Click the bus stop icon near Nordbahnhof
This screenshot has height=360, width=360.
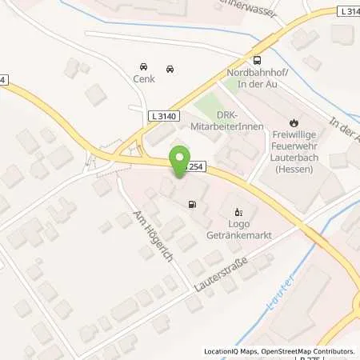point(258,60)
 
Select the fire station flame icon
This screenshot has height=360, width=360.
point(294,123)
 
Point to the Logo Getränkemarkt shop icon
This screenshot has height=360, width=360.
point(238,213)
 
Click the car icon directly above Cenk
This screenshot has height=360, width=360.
point(143,66)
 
